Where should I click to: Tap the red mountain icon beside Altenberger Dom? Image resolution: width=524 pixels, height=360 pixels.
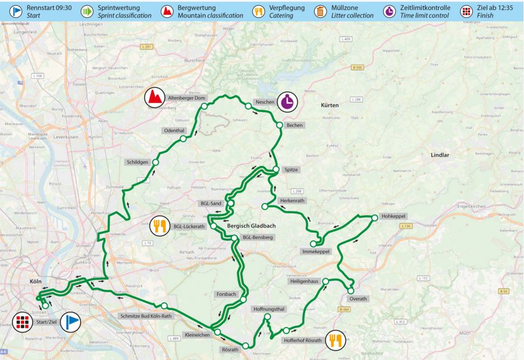tap(153, 98)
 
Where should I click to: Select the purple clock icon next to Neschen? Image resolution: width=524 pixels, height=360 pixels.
tap(288, 102)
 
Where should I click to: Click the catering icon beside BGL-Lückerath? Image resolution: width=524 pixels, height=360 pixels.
tap(159, 226)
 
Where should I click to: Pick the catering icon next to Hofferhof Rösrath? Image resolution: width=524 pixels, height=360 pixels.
tap(334, 340)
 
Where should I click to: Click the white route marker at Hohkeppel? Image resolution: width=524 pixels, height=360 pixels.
tap(375, 217)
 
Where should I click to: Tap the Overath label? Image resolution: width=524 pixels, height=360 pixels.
tap(358, 299)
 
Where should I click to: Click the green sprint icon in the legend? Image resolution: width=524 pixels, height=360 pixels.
tap(87, 11)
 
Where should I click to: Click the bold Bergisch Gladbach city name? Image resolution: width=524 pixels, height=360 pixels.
tap(252, 226)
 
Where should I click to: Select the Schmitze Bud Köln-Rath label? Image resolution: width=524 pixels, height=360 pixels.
tap(146, 315)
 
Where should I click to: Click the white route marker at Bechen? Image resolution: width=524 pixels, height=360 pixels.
tap(279, 125)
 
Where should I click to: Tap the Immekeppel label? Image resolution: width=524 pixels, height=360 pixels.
tap(316, 252)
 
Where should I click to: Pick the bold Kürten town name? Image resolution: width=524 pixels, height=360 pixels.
tap(329, 106)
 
